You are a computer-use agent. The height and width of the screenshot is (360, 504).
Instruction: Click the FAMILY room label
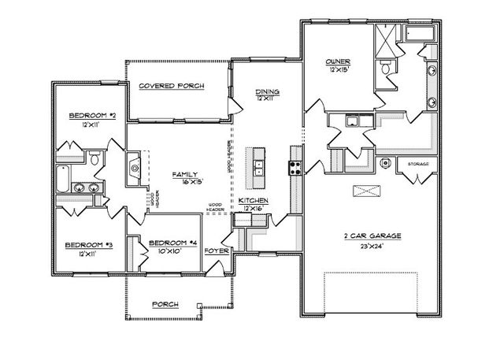click(184, 175)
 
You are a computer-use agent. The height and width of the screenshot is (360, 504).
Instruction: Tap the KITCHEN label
click(254, 202)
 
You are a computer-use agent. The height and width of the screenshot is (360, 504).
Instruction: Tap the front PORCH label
click(166, 304)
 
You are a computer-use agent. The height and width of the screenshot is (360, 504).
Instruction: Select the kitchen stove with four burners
click(296, 166)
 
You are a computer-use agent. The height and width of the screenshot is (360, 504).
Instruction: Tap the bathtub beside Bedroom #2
click(64, 179)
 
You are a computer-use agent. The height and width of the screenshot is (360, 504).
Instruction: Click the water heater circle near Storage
click(385, 163)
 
